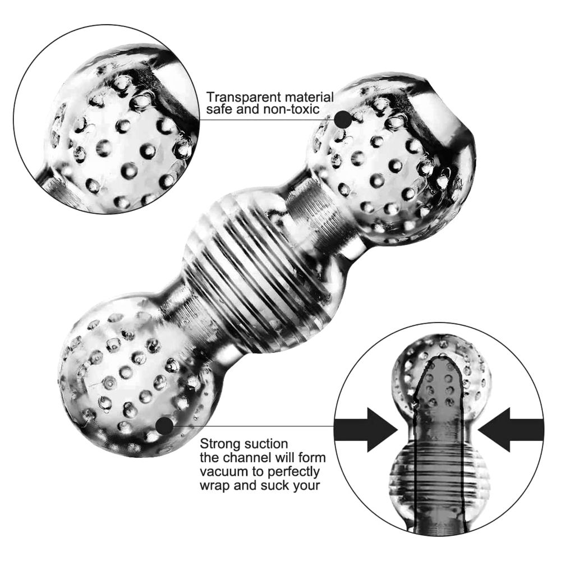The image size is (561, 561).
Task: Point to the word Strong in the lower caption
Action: pos(218,444)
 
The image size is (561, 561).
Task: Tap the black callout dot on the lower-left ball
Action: pos(164,426)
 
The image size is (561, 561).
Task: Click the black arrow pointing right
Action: pos(366,429)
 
